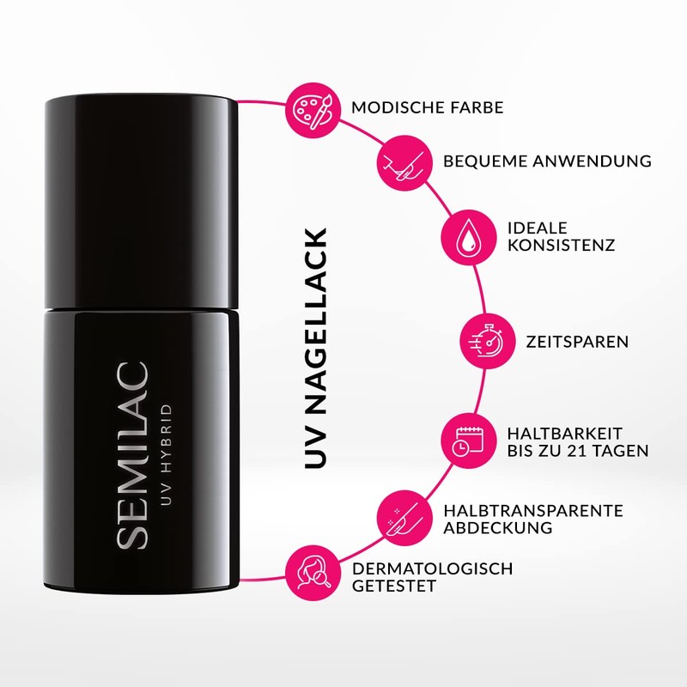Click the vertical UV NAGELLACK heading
click(x=316, y=349)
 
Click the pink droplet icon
click(x=466, y=234)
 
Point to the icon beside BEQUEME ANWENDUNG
click(x=404, y=161)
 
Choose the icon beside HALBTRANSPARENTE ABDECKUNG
click(x=404, y=518)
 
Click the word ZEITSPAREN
click(x=576, y=342)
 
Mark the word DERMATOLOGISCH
click(x=433, y=568)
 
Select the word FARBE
click(x=479, y=109)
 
